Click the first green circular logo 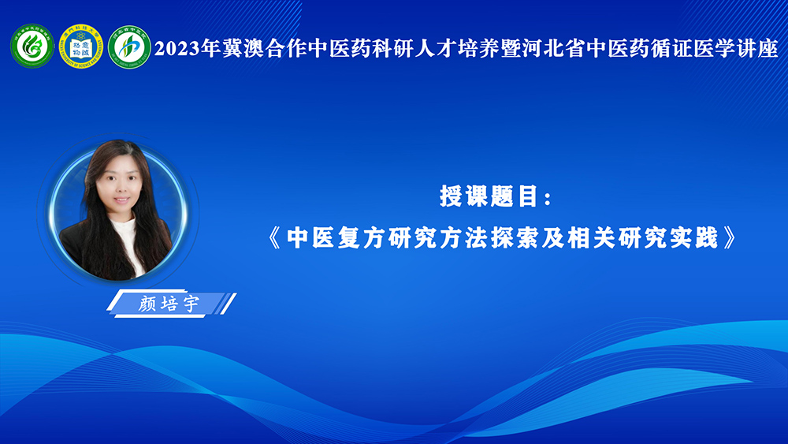[32, 47]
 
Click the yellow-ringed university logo [81, 47]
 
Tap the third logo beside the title [129, 47]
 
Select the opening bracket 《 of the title [274, 238]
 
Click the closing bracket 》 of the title [730, 238]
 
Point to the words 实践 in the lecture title [694, 238]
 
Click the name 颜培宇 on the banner [169, 304]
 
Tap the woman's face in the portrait [120, 182]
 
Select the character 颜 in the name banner [147, 304]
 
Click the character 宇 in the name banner [191, 304]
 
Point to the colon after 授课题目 [548, 198]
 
